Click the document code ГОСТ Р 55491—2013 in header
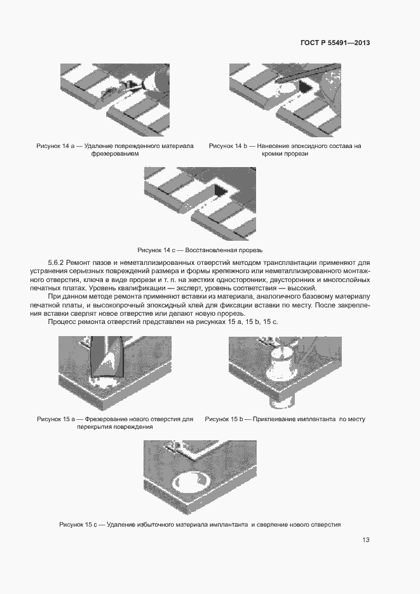click(x=335, y=43)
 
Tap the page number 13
click(x=366, y=540)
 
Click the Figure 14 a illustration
click(x=115, y=98)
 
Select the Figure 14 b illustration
click(x=284, y=98)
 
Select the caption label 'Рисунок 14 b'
click(x=228, y=146)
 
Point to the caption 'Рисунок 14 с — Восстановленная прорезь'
click(x=200, y=250)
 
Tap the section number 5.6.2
click(x=58, y=263)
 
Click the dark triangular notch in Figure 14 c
click(x=220, y=190)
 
